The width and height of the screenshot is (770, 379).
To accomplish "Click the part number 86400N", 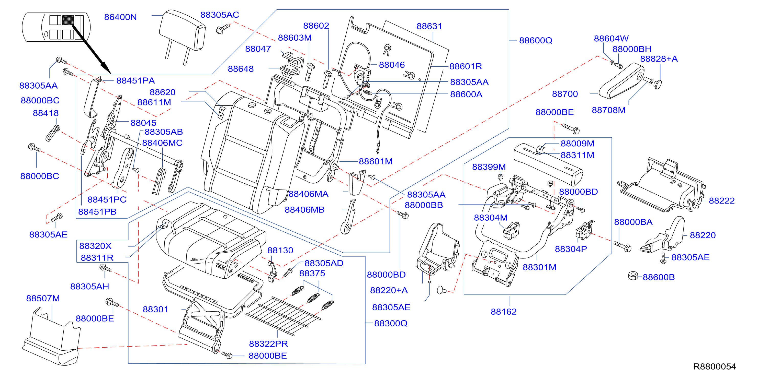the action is (120, 17).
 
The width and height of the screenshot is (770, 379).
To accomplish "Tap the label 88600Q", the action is (536, 40).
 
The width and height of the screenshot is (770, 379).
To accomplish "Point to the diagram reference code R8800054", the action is (715, 366).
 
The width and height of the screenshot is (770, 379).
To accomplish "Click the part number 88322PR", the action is (268, 344).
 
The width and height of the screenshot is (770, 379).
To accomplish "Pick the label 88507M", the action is (43, 298).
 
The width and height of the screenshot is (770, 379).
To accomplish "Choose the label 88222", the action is (722, 200).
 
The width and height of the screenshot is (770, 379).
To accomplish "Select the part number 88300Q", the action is (391, 323).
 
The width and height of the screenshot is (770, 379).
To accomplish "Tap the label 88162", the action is (504, 312).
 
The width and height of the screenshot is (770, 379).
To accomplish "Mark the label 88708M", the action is (609, 110).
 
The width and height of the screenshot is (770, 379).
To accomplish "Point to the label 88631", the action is (429, 26).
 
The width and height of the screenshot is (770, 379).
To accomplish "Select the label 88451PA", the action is (135, 80).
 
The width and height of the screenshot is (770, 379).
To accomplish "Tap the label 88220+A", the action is (389, 290).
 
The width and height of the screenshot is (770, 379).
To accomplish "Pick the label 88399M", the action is (489, 167).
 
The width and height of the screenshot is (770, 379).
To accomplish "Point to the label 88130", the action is (280, 250).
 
